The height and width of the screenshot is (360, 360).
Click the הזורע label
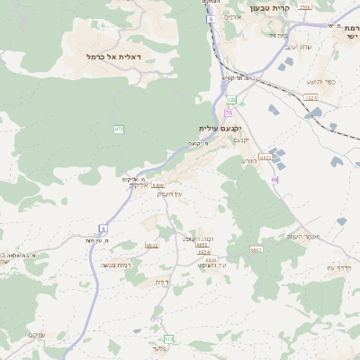click(x=250, y=160)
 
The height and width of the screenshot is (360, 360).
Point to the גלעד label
click(x=159, y=348)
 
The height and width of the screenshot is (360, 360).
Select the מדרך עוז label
click(x=344, y=267)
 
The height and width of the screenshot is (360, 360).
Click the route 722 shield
click(x=231, y=100)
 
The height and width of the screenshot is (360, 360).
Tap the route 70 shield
click(x=229, y=113)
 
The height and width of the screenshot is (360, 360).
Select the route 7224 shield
click(x=310, y=96)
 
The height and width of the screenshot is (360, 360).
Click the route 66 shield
click(x=274, y=179)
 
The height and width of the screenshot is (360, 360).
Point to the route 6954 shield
click(x=204, y=252)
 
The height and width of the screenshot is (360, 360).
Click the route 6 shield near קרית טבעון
click(x=210, y=19)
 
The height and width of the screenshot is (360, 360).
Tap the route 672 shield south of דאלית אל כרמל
click(x=119, y=130)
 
